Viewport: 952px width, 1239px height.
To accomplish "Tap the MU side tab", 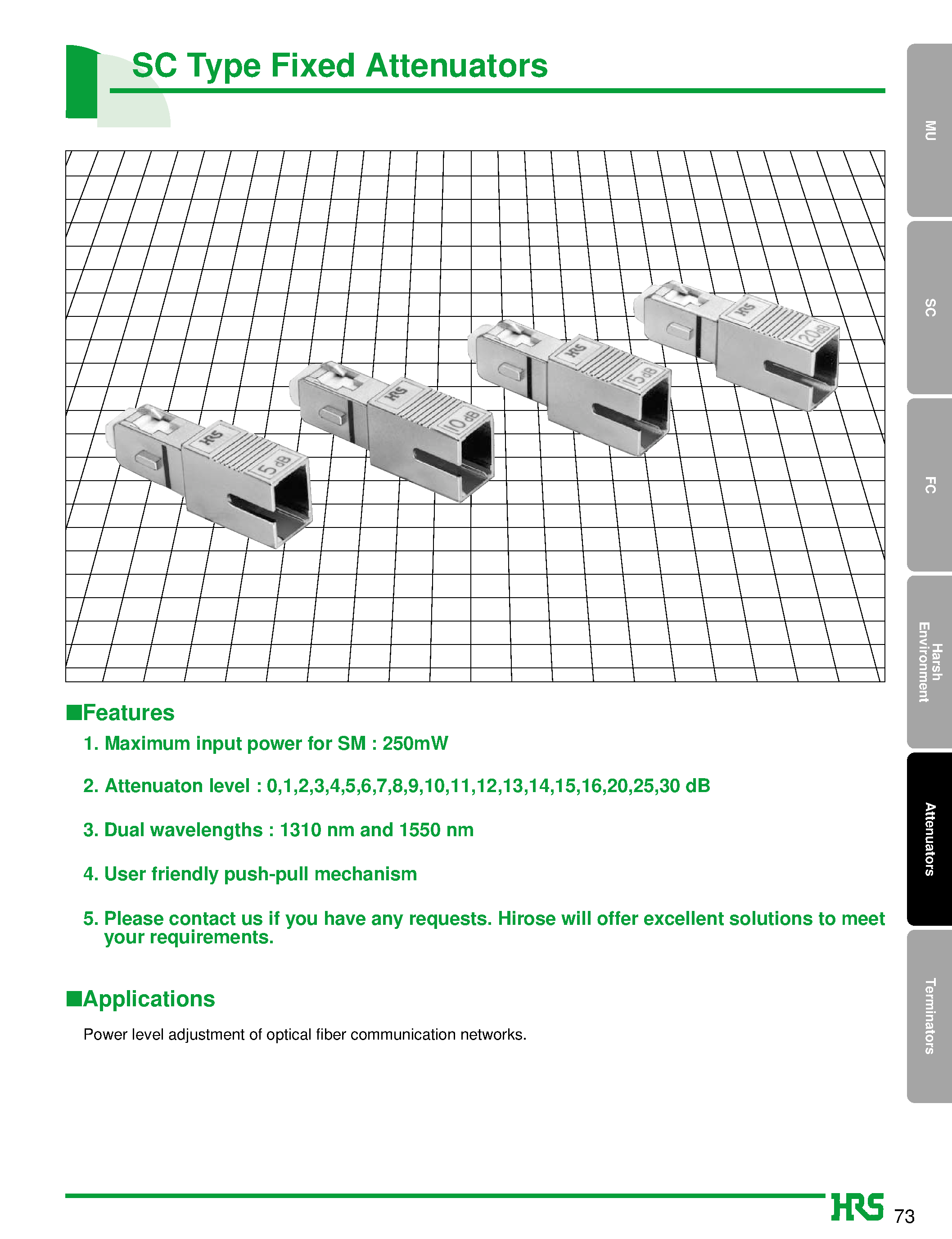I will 929,131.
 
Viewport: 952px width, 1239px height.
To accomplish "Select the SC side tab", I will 929,308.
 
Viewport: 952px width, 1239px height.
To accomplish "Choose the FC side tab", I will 929,485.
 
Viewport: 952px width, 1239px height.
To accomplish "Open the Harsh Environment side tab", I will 929,662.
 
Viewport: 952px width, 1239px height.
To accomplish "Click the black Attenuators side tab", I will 929,839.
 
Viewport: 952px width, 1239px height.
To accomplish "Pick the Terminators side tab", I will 929,1016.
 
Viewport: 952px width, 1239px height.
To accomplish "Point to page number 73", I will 904,1216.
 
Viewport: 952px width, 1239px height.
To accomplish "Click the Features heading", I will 128,713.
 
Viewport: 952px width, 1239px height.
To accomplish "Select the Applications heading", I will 149,999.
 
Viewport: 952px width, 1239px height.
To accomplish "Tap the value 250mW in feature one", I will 415,743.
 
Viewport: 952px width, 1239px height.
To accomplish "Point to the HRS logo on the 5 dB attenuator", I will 212,437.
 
